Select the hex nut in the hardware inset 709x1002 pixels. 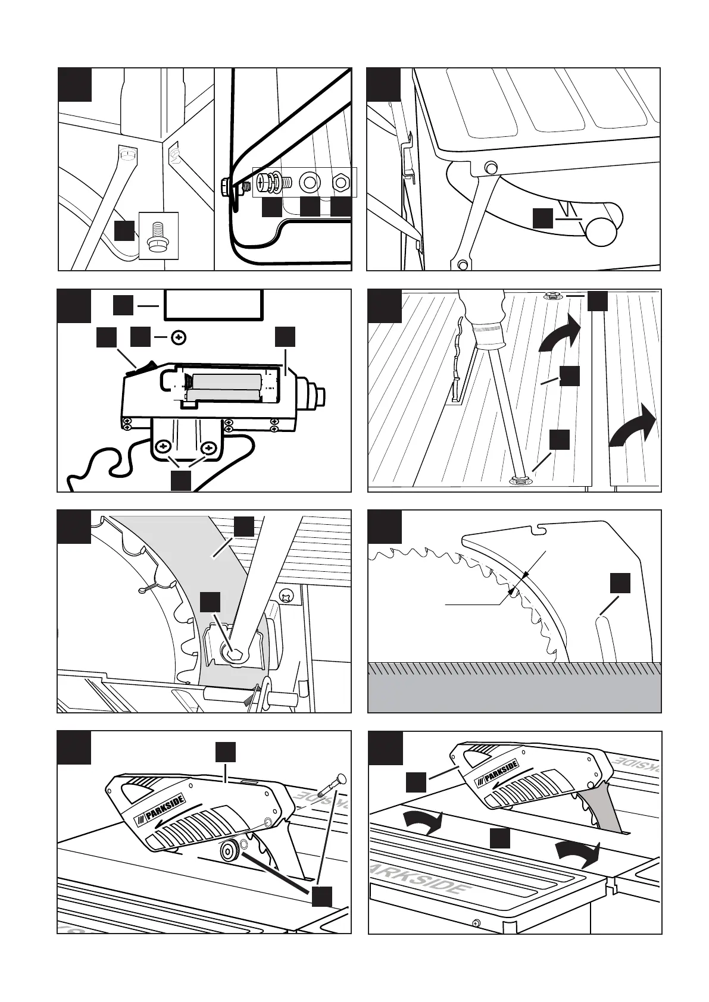(x=341, y=182)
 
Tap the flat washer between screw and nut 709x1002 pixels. (x=310, y=182)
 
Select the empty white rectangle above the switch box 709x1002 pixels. (x=214, y=306)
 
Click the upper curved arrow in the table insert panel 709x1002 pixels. (x=560, y=334)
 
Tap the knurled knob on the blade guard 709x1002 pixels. (x=229, y=852)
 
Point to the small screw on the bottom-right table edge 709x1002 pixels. (x=475, y=923)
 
